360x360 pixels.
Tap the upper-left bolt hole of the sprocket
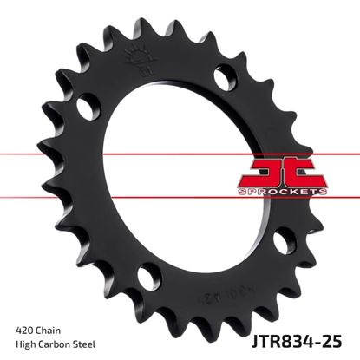86,108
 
